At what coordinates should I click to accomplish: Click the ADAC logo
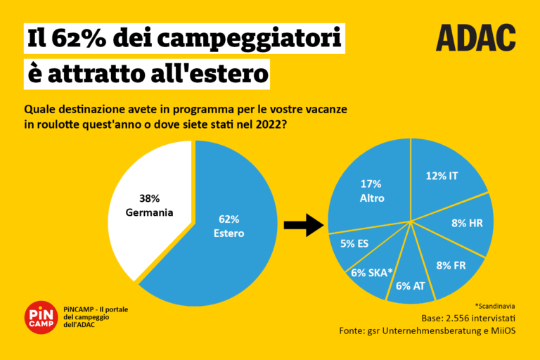(475, 38)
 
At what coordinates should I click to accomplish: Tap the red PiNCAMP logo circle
(41, 317)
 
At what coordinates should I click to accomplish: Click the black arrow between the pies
(302, 225)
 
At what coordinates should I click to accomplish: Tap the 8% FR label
(451, 265)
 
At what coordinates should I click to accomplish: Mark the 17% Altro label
(372, 192)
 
